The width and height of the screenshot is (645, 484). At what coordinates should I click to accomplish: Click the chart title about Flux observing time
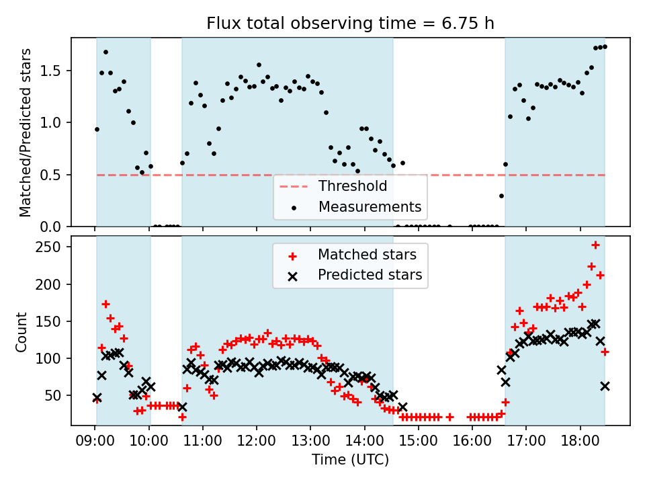[x=350, y=24]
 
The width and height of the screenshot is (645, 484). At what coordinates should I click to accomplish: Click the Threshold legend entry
[x=353, y=186]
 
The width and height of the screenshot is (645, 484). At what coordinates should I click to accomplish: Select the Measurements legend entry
[x=370, y=206]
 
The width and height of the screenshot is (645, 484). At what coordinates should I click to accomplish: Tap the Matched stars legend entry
[x=367, y=255]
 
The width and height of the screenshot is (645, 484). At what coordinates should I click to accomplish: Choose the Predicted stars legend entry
[x=370, y=275]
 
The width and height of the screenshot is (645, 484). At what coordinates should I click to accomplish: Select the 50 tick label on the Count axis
[x=56, y=395]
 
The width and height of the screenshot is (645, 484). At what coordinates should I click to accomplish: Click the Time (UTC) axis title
[x=350, y=460]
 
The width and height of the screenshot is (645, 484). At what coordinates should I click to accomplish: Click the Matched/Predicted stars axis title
[x=26, y=132]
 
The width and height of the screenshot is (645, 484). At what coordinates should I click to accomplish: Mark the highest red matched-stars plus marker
[x=595, y=245]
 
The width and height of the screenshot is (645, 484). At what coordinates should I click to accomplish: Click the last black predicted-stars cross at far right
[x=605, y=386]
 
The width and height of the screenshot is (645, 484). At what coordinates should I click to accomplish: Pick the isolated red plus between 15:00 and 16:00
[x=449, y=417]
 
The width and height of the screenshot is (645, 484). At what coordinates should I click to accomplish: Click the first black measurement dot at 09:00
[x=97, y=129]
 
